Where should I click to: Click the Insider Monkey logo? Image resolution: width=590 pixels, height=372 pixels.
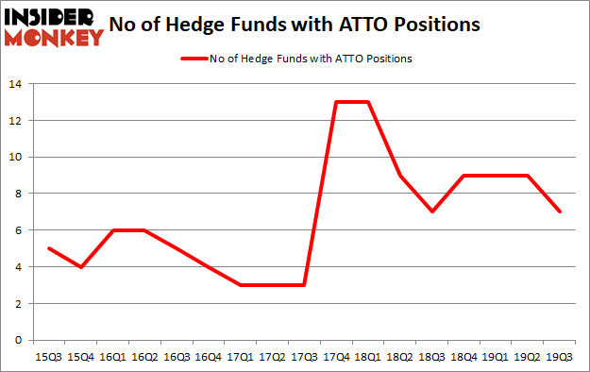click(x=53, y=26)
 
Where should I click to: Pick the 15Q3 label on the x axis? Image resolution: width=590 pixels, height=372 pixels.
click(x=49, y=357)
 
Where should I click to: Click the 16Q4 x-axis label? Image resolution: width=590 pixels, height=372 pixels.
click(x=208, y=357)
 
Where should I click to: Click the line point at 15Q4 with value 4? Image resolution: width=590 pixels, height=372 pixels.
click(x=81, y=267)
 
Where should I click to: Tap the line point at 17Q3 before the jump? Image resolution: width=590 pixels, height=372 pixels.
click(x=303, y=285)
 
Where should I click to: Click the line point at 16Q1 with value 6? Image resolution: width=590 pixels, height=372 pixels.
click(x=112, y=230)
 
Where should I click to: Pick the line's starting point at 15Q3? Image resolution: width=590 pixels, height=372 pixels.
click(x=49, y=248)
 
